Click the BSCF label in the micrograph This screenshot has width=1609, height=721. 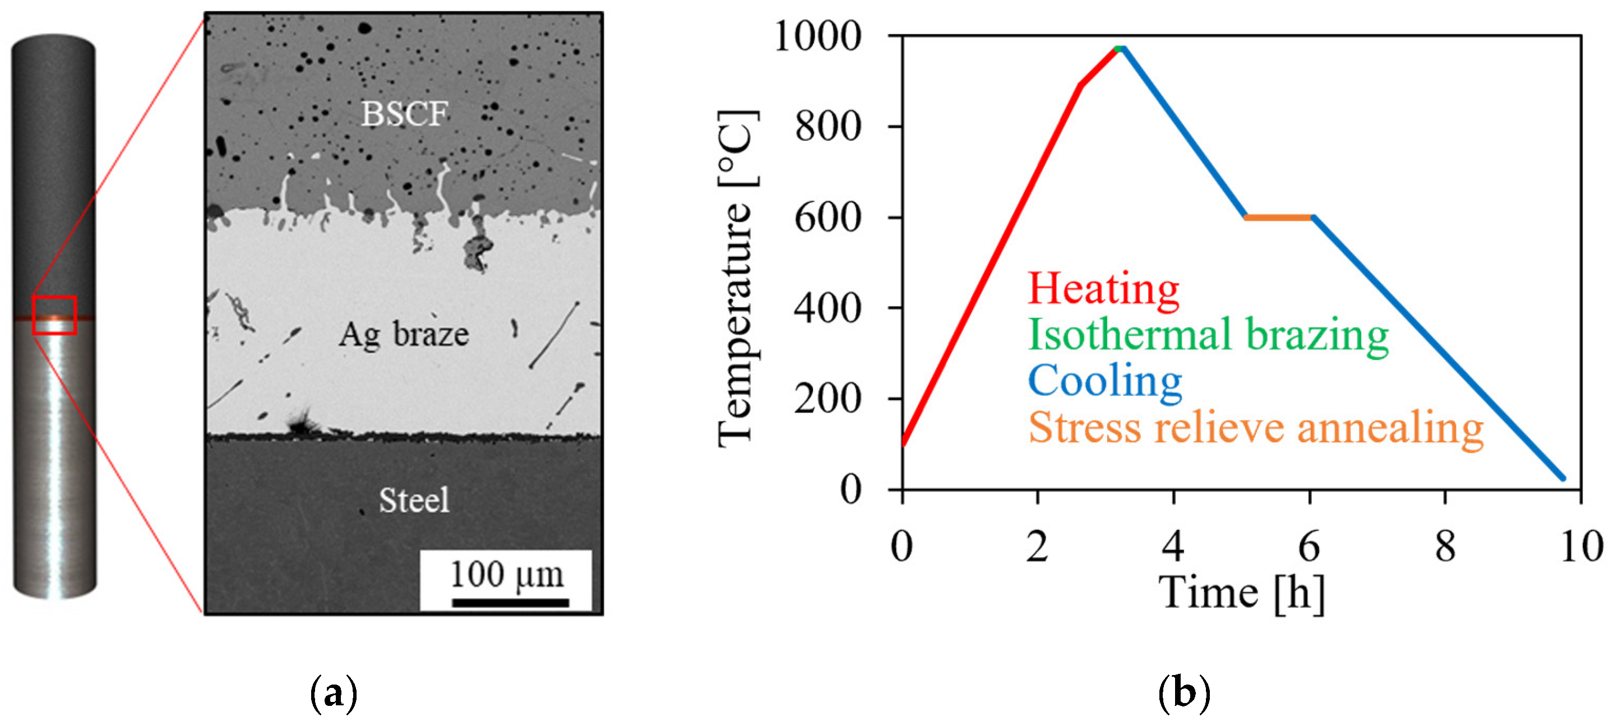click(x=404, y=114)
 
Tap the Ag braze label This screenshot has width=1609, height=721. click(x=404, y=334)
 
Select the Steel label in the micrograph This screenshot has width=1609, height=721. click(x=414, y=500)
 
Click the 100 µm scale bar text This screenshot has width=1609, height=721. click(x=507, y=574)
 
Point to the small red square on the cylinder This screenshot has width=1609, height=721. click(x=54, y=315)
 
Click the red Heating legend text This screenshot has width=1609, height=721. click(x=1103, y=289)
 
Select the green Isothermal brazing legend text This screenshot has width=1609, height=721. click(x=1208, y=335)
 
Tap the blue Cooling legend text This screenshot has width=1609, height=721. click(x=1105, y=381)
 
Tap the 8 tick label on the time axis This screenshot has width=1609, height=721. click(x=1445, y=546)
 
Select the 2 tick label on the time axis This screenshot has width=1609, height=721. click(x=1038, y=546)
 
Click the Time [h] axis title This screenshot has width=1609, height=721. click(x=1241, y=591)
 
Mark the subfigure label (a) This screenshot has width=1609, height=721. click(x=334, y=694)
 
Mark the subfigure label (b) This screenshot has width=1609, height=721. click(x=1184, y=694)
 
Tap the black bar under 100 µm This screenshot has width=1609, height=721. click(x=510, y=602)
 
